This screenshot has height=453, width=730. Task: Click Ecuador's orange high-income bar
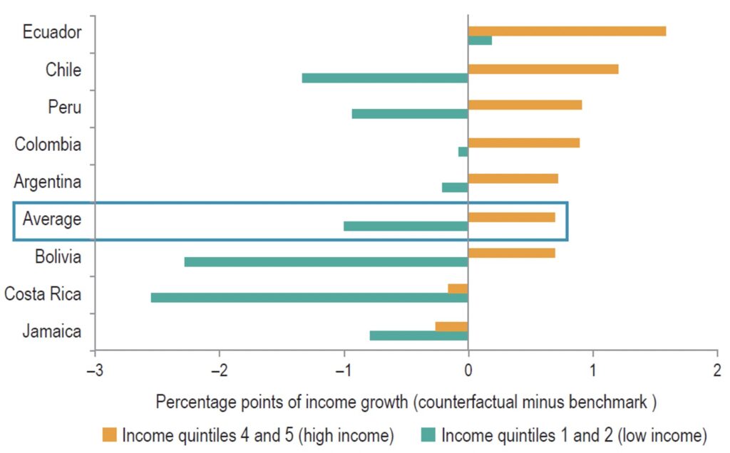pyautogui.click(x=567, y=31)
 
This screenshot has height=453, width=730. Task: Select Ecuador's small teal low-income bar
pyautogui.click(x=480, y=41)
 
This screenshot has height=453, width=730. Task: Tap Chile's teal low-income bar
pyautogui.click(x=385, y=78)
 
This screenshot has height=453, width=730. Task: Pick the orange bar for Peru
pyautogui.click(x=525, y=105)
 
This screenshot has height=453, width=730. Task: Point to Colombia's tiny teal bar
pyautogui.click(x=463, y=152)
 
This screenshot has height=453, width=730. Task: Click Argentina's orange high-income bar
pyautogui.click(x=513, y=179)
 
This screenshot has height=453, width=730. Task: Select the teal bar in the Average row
pyautogui.click(x=406, y=226)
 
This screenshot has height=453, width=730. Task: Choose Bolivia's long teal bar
pyautogui.click(x=326, y=262)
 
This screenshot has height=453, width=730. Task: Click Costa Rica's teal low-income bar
pyautogui.click(x=309, y=298)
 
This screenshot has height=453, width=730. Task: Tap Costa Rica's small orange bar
pyautogui.click(x=458, y=288)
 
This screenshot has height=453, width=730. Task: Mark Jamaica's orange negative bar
pyautogui.click(x=451, y=326)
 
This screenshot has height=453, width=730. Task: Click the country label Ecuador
pyautogui.click(x=52, y=32)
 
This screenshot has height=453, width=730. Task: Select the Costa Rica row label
pyautogui.click(x=43, y=293)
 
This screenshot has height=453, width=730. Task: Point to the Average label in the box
pyautogui.click(x=52, y=219)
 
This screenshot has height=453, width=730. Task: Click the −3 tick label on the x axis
pyautogui.click(x=93, y=370)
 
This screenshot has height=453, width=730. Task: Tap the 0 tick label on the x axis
pyautogui.click(x=468, y=370)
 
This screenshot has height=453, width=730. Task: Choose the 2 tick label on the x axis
pyautogui.click(x=716, y=370)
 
